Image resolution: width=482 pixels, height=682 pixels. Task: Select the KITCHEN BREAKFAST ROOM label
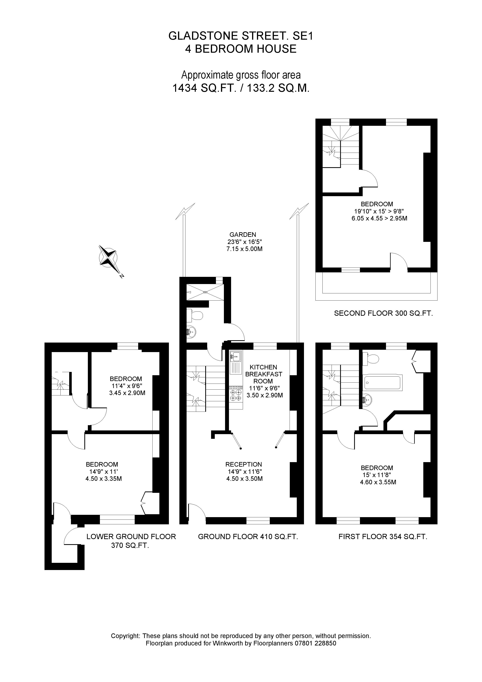tap(263, 374)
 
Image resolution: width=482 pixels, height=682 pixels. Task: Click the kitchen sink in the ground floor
tap(236, 356)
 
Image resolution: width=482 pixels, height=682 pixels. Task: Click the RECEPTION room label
tap(244, 464)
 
